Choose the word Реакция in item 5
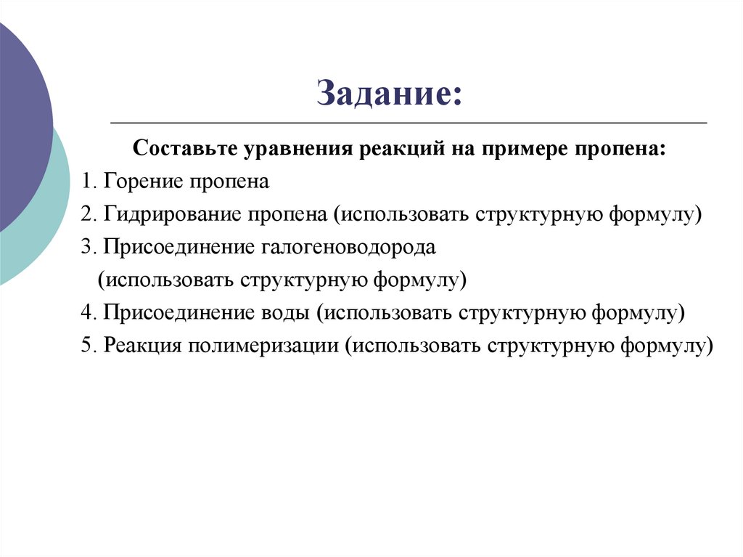(142, 345)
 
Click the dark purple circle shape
(18, 123)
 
